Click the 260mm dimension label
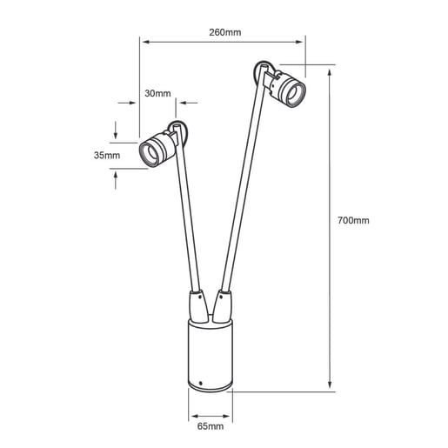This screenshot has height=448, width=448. pyautogui.click(x=225, y=32)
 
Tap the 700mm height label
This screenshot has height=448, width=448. pyautogui.click(x=353, y=221)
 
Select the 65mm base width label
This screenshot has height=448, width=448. pyautogui.click(x=210, y=427)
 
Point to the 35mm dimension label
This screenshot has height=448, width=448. pyautogui.click(x=107, y=155)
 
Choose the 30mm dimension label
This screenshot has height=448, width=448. pyautogui.click(x=158, y=94)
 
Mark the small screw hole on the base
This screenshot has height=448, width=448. pyautogui.click(x=201, y=384)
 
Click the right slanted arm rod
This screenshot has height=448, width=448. pyautogui.click(x=241, y=191)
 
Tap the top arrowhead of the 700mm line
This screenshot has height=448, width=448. pyautogui.click(x=331, y=67)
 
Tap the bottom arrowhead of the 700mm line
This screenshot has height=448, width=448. pyautogui.click(x=331, y=387)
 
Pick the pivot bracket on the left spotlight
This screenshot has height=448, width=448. pyautogui.click(x=178, y=133)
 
